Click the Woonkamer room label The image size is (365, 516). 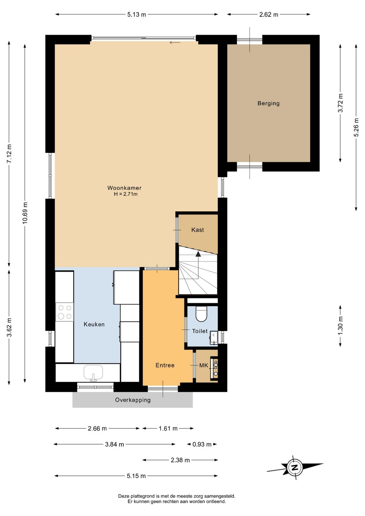coord(124,188)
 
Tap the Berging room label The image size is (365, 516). coord(268,103)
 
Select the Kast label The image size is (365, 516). coord(197,230)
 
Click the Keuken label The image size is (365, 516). coord(94,324)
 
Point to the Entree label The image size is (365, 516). coord(165,365)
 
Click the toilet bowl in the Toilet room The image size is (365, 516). coord(201,314)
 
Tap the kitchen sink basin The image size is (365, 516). coord(93,372)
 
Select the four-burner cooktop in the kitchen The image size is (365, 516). coord(65,312)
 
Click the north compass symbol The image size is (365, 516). coord(294,468)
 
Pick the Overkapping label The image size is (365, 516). coord(133,400)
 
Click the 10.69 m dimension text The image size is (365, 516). coord(25,213)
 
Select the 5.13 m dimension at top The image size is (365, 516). coord(137,15)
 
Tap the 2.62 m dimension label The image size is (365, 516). coord(269,15)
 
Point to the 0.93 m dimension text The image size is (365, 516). coord(202,444)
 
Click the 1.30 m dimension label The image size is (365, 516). coord(340,326)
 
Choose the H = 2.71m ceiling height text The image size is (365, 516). coord(126,194)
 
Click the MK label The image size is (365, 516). coord(203,366)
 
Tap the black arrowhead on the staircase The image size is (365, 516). coord(198,254)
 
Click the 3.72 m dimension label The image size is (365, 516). coord(340,103)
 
